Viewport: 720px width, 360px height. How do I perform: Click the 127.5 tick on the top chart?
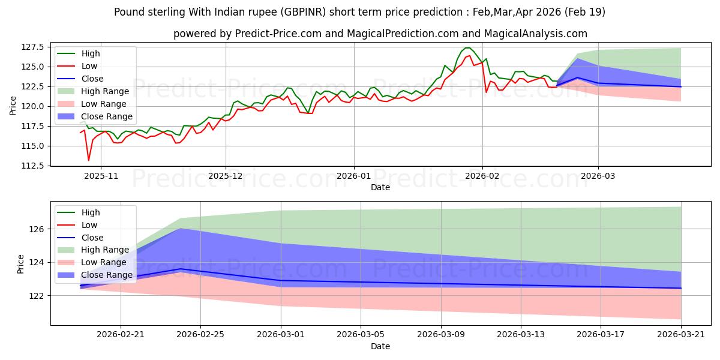[x=32, y=47]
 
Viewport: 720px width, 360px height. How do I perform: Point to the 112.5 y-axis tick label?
[x=32, y=166]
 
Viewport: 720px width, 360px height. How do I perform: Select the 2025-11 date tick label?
[x=101, y=176]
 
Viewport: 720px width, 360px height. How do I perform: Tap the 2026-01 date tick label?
[x=354, y=176]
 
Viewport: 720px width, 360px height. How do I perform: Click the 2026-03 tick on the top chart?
[x=598, y=176]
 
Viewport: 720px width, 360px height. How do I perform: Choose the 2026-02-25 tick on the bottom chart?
[x=200, y=335]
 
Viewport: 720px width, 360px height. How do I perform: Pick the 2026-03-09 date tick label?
[x=441, y=335]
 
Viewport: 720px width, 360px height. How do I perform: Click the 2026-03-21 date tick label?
[x=681, y=335]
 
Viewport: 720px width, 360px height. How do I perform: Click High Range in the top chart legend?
[x=105, y=91]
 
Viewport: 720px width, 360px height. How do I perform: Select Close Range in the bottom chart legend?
[x=107, y=275]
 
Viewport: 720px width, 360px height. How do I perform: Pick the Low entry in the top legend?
[x=89, y=66]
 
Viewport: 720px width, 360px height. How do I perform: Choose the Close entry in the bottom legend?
[x=92, y=238]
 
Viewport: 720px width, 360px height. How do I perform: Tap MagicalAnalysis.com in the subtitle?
[x=535, y=34]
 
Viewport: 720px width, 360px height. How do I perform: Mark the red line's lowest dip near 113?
[x=89, y=160]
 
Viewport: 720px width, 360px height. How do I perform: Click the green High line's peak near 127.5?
[x=467, y=48]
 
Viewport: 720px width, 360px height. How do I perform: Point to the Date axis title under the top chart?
[x=380, y=187]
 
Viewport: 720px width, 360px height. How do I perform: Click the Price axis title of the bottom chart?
[x=20, y=264]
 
